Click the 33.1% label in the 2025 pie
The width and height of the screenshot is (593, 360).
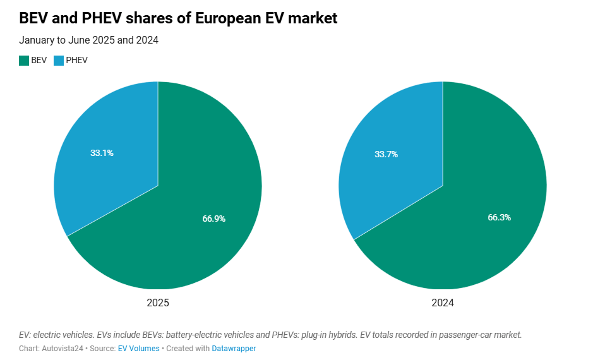click(102, 153)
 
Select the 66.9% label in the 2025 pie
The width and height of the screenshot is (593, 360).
click(213, 219)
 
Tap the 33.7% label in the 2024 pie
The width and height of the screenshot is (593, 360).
click(386, 154)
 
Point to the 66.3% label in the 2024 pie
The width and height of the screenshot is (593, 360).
click(499, 217)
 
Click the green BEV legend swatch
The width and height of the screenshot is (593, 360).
click(24, 61)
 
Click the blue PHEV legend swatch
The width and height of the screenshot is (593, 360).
click(59, 61)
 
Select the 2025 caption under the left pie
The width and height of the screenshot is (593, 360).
click(158, 303)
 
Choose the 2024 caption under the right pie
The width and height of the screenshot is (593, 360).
click(443, 303)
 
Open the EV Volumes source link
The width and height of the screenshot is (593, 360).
click(138, 349)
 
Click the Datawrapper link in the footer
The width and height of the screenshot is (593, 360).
click(234, 349)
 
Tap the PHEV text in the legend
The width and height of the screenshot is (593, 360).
click(77, 61)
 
